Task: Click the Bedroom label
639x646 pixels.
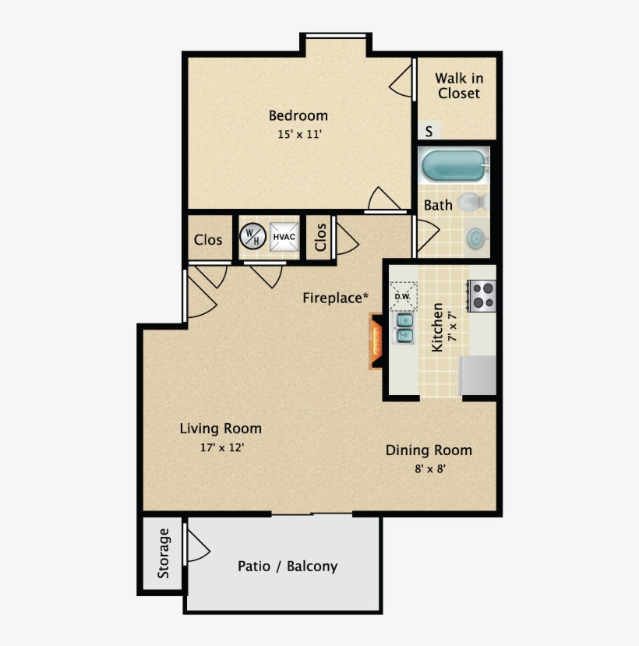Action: (x=298, y=116)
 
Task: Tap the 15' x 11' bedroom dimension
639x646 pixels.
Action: (x=299, y=134)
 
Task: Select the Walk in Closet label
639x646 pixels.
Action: (x=458, y=86)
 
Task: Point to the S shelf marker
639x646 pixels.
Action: (x=429, y=130)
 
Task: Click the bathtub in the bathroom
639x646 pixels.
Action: (x=453, y=164)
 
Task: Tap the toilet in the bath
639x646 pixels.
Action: (x=472, y=203)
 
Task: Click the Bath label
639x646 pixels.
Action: (x=437, y=206)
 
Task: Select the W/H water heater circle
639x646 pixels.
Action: (x=251, y=235)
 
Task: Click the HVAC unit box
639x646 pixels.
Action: (x=284, y=236)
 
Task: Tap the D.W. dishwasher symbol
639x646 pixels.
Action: (x=403, y=296)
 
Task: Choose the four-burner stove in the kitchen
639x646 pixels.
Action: (x=482, y=295)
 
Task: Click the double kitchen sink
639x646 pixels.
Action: (x=405, y=327)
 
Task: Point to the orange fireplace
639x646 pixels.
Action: (x=376, y=340)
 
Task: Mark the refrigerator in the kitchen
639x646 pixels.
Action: (x=478, y=375)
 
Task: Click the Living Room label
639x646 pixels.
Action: (x=221, y=429)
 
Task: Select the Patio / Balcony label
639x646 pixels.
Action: (x=288, y=567)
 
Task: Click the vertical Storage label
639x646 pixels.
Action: (x=164, y=553)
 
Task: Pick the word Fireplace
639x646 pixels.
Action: (x=333, y=298)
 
